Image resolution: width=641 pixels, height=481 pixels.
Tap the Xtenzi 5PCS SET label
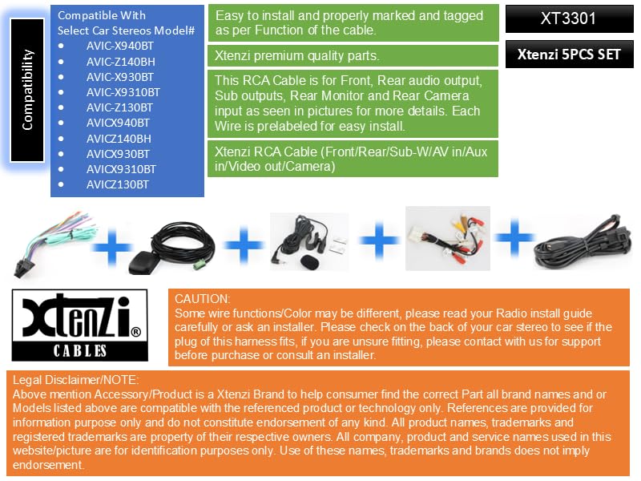pyautogui.click(x=568, y=55)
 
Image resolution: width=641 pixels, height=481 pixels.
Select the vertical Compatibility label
pyautogui.click(x=28, y=89)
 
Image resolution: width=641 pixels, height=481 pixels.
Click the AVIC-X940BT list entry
pyautogui.click(x=120, y=46)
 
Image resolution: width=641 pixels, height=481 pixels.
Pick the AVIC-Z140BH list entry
pyautogui.click(x=120, y=62)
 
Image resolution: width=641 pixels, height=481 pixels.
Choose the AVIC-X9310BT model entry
pyautogui.click(x=123, y=92)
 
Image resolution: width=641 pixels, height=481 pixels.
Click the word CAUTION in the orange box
pyautogui.click(x=202, y=298)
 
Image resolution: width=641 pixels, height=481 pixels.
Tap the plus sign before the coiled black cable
pyautogui.click(x=515, y=237)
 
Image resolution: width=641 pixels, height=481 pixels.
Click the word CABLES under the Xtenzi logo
pyautogui.click(x=80, y=350)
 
